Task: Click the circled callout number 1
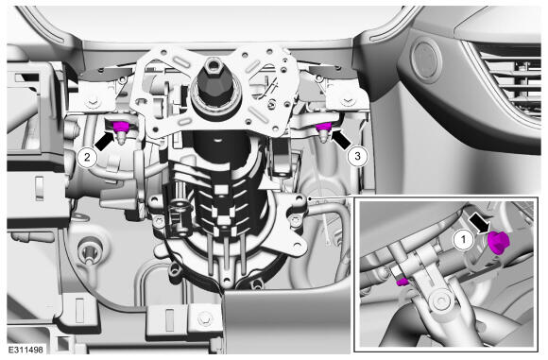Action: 463,240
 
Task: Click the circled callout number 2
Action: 87,157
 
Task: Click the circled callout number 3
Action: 357,156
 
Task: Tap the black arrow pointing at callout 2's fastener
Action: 104,141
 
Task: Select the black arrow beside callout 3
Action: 341,139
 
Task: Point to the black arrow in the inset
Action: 478,223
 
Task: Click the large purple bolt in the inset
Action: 498,242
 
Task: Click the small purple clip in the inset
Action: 402,282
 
